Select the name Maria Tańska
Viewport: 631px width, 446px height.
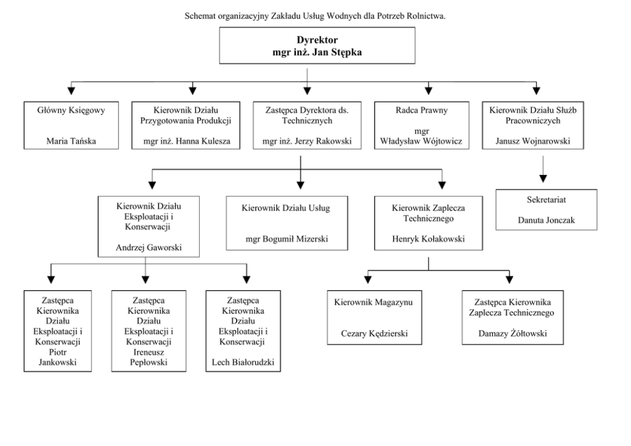click(x=71, y=141)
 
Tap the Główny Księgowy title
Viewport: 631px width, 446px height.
click(x=71, y=110)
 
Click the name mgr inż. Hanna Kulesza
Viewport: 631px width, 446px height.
click(x=187, y=141)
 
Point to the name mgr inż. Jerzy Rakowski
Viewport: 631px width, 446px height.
click(x=307, y=141)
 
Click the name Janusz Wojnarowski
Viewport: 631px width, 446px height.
click(x=533, y=141)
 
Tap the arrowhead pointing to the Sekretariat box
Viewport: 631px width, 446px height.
click(x=543, y=178)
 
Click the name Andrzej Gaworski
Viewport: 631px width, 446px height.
click(x=149, y=247)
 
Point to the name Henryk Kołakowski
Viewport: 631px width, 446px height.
click(x=429, y=239)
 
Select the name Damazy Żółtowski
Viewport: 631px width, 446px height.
click(x=513, y=333)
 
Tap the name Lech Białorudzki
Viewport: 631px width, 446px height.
click(x=243, y=362)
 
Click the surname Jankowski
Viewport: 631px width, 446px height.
click(x=57, y=362)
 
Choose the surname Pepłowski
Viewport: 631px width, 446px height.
click(x=148, y=362)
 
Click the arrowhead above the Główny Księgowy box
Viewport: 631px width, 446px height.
click(x=71, y=90)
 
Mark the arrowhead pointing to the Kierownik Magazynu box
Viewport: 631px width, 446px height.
click(x=368, y=279)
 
